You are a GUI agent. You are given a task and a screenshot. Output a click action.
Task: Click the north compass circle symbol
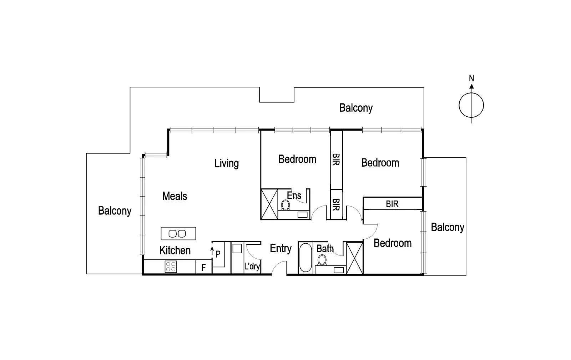pyautogui.click(x=471, y=106)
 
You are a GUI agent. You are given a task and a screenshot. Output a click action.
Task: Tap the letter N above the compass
pyautogui.click(x=471, y=78)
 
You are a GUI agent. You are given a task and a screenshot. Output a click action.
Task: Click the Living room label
pyautogui.click(x=226, y=163)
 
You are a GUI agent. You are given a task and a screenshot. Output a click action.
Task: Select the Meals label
pyautogui.click(x=175, y=196)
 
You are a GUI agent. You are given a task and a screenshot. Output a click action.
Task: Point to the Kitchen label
pyautogui.click(x=175, y=250)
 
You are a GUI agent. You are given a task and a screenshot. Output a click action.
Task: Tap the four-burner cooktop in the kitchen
pyautogui.click(x=171, y=267)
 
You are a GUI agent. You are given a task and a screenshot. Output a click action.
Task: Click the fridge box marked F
pyautogui.click(x=203, y=268)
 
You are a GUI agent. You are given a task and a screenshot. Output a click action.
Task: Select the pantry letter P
pyautogui.click(x=218, y=254)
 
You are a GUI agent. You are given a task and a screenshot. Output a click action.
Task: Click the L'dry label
pyautogui.click(x=252, y=266)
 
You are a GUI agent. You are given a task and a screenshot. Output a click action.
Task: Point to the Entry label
pyautogui.click(x=281, y=248)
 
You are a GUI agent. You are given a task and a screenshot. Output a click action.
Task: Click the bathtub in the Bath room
pyautogui.click(x=305, y=258)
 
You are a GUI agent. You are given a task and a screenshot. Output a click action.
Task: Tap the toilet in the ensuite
pyautogui.click(x=285, y=205)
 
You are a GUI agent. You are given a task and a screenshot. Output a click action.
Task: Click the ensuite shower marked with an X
pyautogui.click(x=269, y=204)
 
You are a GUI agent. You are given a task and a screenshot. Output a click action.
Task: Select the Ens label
pyautogui.click(x=294, y=196)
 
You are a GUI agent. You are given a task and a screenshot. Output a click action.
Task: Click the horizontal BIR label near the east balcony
pyautogui.click(x=392, y=204)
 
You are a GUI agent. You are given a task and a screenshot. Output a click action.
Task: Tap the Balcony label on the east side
pyautogui.click(x=447, y=227)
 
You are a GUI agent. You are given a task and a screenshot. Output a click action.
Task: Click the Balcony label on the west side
pyautogui.click(x=115, y=211)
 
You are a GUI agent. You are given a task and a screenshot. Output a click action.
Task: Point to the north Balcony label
pyautogui.click(x=356, y=108)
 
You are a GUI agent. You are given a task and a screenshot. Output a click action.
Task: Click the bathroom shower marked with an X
pyautogui.click(x=355, y=258)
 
